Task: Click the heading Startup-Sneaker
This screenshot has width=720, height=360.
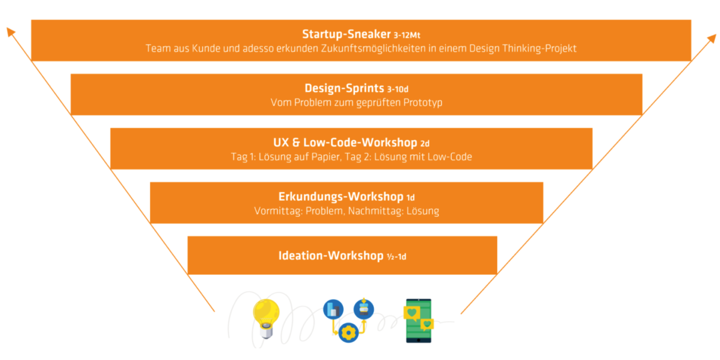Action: point(346,34)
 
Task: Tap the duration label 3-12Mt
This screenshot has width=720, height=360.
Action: point(407,35)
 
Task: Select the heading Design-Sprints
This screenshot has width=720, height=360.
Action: point(344,89)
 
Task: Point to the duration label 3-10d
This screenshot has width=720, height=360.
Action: point(398,89)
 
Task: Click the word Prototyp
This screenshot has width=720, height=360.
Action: point(423,103)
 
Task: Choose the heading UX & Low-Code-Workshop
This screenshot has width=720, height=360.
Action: point(345,142)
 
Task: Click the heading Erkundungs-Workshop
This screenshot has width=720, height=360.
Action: point(341,197)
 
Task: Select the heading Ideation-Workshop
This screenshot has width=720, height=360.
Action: point(331,256)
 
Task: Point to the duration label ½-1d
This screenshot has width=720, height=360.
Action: point(396,257)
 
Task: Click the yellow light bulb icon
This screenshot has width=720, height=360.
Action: point(266,318)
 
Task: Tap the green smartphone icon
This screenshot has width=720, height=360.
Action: point(418,321)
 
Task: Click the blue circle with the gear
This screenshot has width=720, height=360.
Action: point(348,332)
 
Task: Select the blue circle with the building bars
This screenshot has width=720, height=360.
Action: point(333,309)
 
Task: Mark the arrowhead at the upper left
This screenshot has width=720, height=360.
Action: point(11,31)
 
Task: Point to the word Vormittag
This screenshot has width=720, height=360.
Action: point(278,211)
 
